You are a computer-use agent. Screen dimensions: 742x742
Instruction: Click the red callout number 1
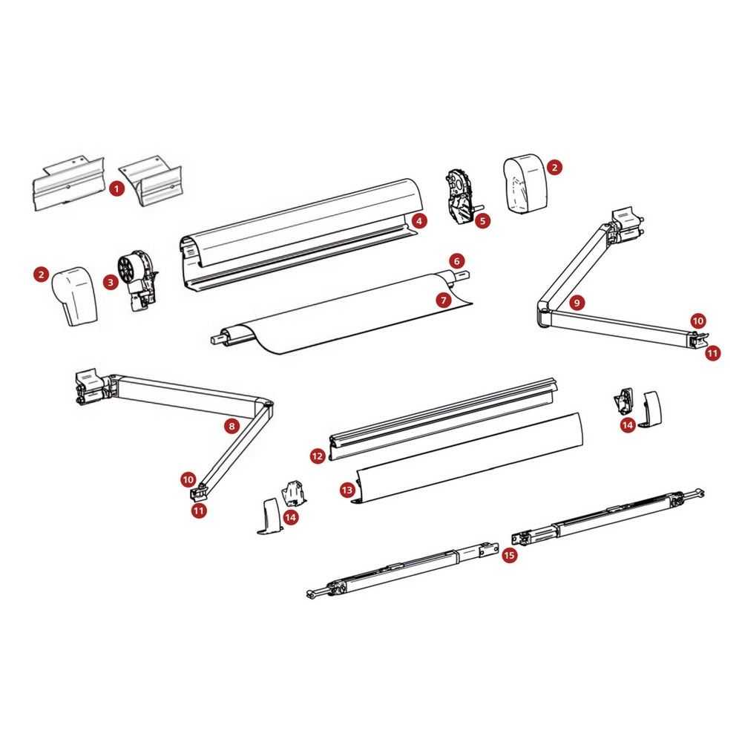[116, 188]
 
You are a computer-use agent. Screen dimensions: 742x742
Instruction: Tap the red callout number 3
[111, 283]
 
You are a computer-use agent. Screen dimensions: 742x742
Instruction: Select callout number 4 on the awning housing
[419, 220]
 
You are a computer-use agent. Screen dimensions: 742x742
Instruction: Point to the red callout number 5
[483, 220]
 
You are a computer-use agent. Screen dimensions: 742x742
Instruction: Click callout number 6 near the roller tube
[456, 260]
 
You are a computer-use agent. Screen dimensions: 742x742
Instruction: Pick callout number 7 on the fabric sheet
[444, 300]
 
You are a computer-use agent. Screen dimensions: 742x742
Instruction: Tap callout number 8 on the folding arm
[232, 427]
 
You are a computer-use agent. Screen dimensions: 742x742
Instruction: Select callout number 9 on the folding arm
[577, 303]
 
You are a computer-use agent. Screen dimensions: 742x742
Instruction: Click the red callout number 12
[318, 456]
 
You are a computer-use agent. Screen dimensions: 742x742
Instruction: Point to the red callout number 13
[347, 490]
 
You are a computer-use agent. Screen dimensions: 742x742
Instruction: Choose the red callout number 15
[509, 554]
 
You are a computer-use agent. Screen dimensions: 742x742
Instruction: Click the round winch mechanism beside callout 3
[137, 280]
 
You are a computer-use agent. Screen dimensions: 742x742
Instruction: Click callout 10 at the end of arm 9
[698, 321]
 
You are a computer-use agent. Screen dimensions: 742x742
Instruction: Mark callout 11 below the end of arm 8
[199, 510]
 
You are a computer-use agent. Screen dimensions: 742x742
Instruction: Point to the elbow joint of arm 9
[544, 313]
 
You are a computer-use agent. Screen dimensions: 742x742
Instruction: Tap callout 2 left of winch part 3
[41, 274]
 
